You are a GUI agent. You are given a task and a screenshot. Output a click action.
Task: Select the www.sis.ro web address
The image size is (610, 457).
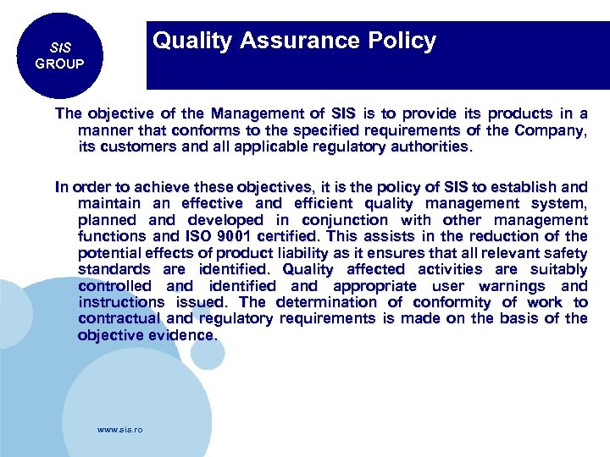tap(120, 430)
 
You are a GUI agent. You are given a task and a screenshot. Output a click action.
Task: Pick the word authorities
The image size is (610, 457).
tap(421, 146)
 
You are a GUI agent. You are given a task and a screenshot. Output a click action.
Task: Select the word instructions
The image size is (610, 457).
tap(121, 302)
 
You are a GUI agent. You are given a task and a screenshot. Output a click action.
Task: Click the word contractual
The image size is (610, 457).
tap(120, 319)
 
